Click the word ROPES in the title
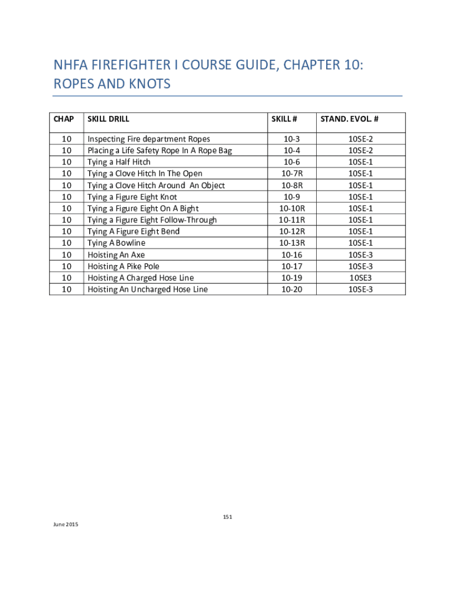tap(74, 84)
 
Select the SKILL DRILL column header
tap(109, 119)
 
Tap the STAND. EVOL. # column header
tap(349, 119)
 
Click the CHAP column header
tap(64, 119)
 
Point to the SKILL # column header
tap(284, 119)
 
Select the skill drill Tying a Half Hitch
tap(119, 162)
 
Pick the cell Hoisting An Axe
tap(116, 254)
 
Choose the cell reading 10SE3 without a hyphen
tap(360, 278)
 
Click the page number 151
tap(227, 517)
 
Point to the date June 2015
tap(66, 525)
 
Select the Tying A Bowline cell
tap(116, 243)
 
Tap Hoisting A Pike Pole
tap(123, 266)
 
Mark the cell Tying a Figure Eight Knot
tap(132, 196)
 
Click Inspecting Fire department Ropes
tap(149, 139)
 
